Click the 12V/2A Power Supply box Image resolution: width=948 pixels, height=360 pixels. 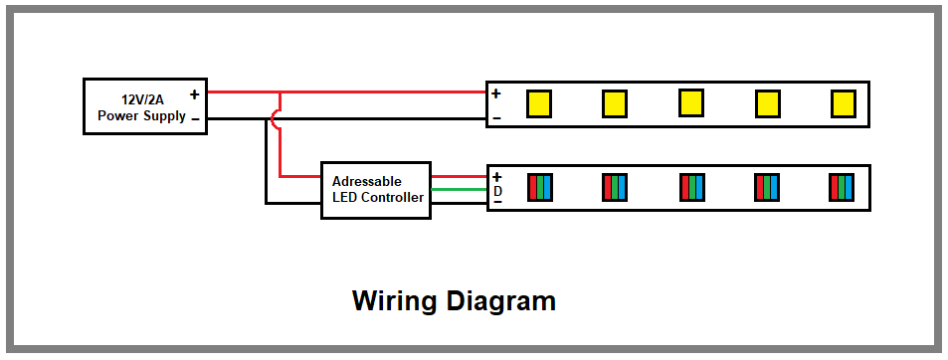pyautogui.click(x=144, y=106)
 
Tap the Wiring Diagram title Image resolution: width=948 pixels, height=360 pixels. pyautogui.click(x=454, y=300)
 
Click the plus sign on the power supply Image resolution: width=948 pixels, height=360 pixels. pyautogui.click(x=194, y=95)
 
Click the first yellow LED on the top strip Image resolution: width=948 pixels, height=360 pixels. pyautogui.click(x=539, y=102)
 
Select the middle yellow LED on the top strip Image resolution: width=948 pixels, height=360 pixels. pyautogui.click(x=691, y=101)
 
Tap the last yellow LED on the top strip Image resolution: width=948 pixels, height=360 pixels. pyautogui.click(x=843, y=102)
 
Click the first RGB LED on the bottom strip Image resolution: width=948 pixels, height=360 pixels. pyautogui.click(x=539, y=187)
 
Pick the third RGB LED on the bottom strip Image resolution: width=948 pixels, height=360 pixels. pyautogui.click(x=691, y=187)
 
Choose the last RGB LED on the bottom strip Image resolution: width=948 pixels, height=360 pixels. pyautogui.click(x=843, y=187)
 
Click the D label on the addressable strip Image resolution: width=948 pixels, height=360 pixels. pyautogui.click(x=497, y=189)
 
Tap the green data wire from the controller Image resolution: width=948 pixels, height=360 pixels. pyautogui.click(x=458, y=189)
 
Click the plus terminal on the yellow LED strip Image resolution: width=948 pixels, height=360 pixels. pyautogui.click(x=496, y=94)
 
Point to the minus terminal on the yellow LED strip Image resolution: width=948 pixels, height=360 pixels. pyautogui.click(x=496, y=119)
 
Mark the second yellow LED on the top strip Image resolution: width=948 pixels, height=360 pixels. pyautogui.click(x=615, y=102)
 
